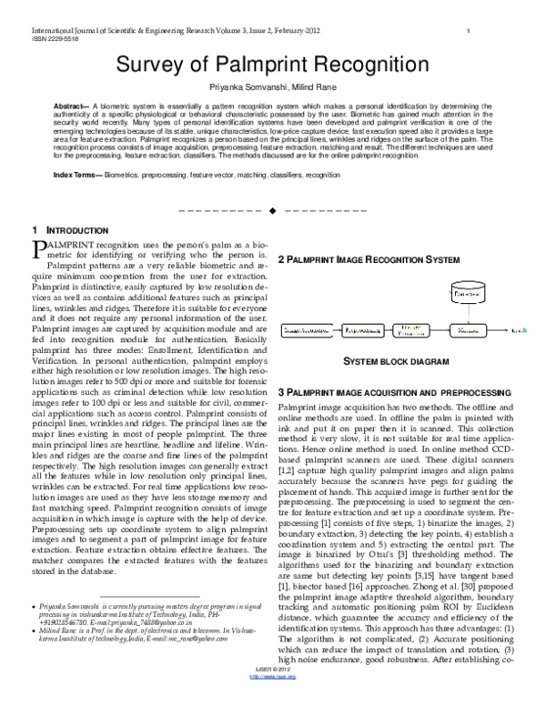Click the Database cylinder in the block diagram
469,295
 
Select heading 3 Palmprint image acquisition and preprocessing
392,391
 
